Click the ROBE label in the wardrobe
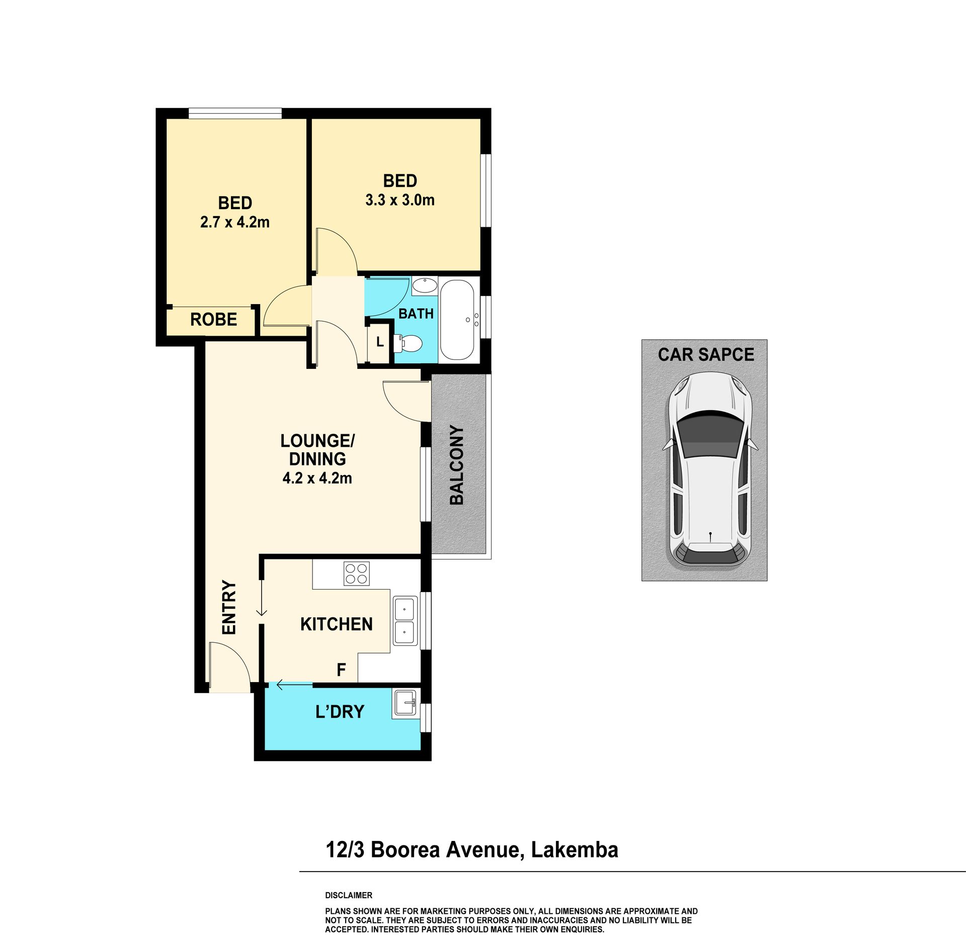[x=213, y=320]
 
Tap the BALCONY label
[x=457, y=465]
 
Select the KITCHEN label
[x=337, y=624]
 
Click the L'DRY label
[x=340, y=712]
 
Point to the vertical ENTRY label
[x=229, y=607]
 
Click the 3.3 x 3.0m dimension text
[x=400, y=200]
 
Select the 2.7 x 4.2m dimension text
[x=235, y=222]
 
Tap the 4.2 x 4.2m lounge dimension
[x=317, y=478]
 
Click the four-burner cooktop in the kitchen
[x=357, y=574]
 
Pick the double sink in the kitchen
[x=405, y=621]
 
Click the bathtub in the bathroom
[x=457, y=320]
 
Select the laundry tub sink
[x=405, y=702]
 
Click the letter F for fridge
[x=341, y=670]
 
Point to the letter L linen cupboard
[x=380, y=342]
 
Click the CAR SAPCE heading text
[x=706, y=355]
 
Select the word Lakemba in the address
[x=575, y=850]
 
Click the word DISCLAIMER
[x=349, y=895]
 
